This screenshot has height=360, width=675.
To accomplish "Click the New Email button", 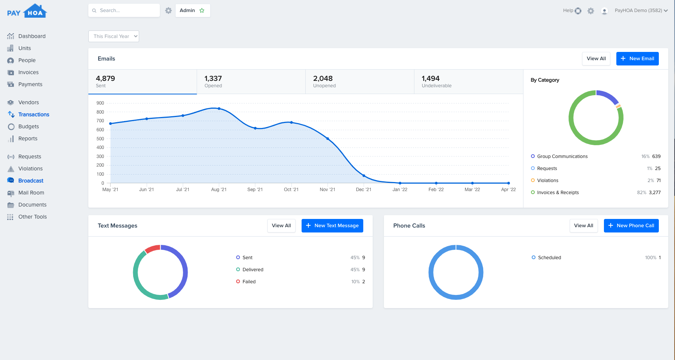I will tap(637, 59).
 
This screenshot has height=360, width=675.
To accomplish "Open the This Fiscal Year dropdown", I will tap(114, 36).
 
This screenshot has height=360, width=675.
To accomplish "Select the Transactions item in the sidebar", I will tap(33, 114).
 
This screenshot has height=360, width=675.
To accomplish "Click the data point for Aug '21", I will tap(219, 109).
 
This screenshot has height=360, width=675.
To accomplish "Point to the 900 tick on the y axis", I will tap(100, 103).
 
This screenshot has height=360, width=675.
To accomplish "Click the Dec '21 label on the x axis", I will tap(363, 190).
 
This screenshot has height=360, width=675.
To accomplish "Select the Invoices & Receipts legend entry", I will tap(558, 193).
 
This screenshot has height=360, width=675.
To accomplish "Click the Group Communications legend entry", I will tap(562, 156).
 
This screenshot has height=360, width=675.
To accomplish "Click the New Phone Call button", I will tap(631, 226).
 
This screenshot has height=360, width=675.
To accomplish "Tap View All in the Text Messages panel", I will tap(281, 226).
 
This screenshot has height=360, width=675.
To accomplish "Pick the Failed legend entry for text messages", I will tap(249, 282).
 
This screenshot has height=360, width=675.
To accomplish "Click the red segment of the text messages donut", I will tap(153, 249).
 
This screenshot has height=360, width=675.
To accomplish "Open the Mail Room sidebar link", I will tap(31, 193).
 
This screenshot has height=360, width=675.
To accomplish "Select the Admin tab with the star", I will tap(192, 11).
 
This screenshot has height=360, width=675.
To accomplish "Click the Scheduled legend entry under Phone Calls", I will tap(549, 258).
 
